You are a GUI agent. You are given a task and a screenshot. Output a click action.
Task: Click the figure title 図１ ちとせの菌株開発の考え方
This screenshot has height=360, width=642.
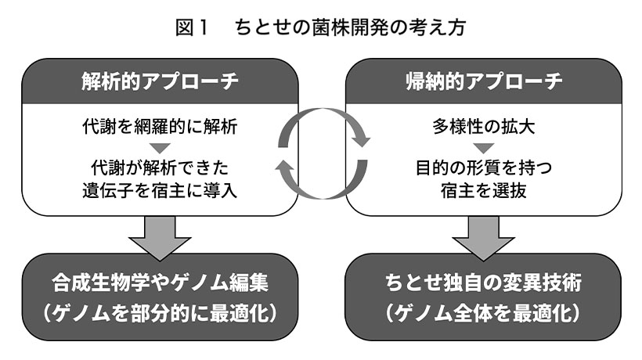(x=320, y=28)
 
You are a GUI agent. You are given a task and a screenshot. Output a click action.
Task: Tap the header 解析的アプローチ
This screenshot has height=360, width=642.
(x=160, y=81)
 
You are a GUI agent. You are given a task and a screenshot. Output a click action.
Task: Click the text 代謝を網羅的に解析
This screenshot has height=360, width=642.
(x=160, y=126)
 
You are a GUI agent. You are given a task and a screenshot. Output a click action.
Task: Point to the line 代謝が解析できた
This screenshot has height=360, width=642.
(x=160, y=167)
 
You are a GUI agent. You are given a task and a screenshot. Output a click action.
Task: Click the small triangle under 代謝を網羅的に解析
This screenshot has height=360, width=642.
(x=160, y=147)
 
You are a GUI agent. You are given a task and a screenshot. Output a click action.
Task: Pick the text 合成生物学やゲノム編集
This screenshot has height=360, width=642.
(x=160, y=282)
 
